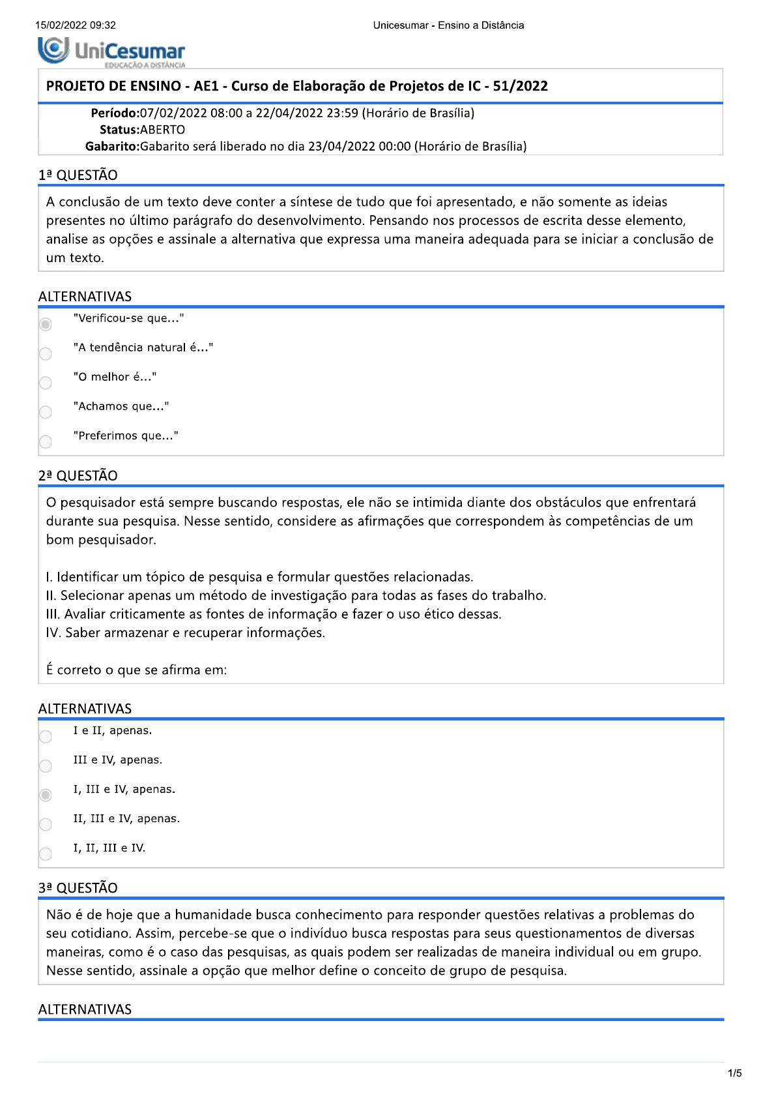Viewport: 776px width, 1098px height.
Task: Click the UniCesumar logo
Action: tap(111, 52)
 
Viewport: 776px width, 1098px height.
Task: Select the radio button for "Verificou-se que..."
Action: tap(46, 324)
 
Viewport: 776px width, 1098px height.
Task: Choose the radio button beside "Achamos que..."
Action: tap(46, 412)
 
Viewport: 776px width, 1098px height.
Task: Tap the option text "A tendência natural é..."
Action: tap(143, 348)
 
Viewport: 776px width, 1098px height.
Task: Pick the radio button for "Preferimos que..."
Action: tap(46, 441)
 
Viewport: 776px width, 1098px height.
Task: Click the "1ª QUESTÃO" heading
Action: tap(78, 175)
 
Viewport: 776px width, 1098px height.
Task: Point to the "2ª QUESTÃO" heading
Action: tap(78, 475)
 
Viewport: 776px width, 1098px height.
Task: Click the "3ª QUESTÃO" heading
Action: tap(78, 887)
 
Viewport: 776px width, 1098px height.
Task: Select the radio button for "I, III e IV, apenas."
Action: tap(46, 795)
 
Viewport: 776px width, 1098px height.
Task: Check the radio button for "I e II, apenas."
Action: tap(46, 736)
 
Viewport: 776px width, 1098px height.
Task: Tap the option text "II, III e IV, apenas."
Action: tap(126, 818)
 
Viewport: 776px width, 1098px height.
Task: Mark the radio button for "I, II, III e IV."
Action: tap(46, 853)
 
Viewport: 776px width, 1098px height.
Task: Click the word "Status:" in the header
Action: tap(120, 130)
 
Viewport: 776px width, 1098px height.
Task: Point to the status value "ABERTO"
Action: tap(163, 130)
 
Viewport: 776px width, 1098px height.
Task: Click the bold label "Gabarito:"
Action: tap(113, 146)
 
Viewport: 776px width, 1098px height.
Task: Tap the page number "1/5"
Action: tap(734, 1073)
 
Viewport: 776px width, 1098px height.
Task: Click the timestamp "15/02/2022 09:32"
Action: tap(76, 25)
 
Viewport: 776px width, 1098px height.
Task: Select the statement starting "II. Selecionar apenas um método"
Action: tap(296, 595)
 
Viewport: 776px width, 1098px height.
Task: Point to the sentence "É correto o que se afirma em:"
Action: tap(137, 670)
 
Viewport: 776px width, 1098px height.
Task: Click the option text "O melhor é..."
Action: tap(115, 377)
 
